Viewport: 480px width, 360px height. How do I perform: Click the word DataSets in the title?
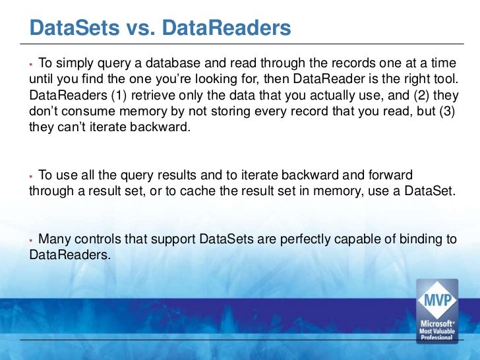(69, 28)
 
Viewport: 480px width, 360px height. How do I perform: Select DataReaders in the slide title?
(218, 28)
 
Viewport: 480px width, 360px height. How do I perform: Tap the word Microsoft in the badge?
(435, 324)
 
